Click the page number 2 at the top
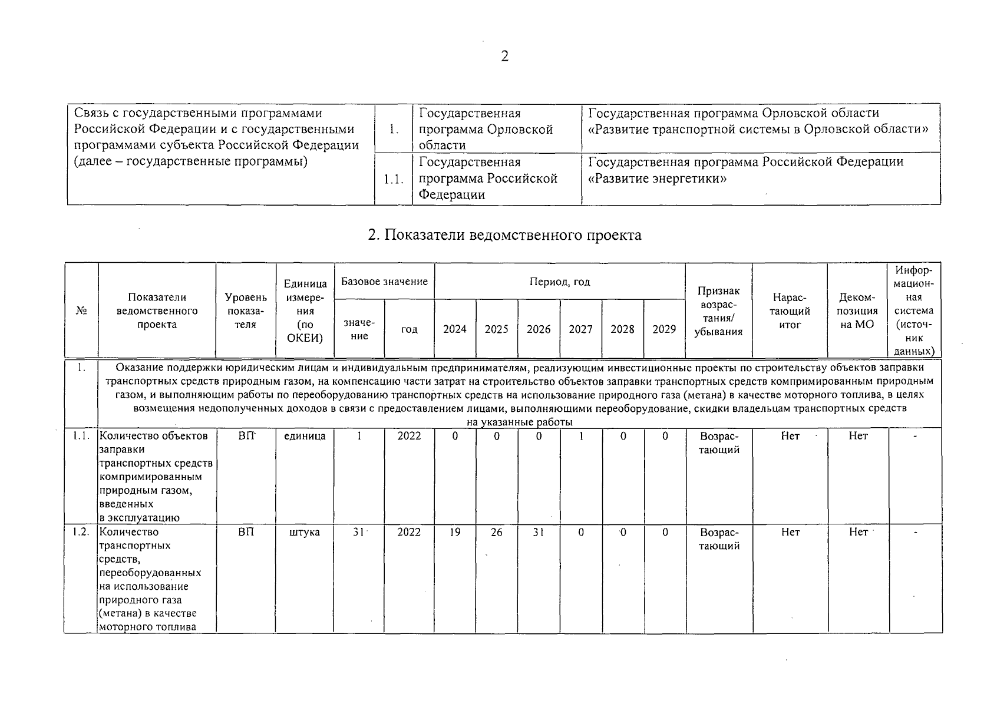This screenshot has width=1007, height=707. pos(504,57)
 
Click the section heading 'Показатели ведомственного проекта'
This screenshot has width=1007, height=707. pos(504,235)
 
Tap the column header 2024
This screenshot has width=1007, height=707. pos(455,329)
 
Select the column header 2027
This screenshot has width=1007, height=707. pos(580,329)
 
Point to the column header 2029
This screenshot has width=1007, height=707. pos(664,329)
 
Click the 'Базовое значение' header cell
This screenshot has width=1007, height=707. pos(384,282)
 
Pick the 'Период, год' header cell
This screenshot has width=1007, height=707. pos(560,282)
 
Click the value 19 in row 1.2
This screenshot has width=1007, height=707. pos(455,533)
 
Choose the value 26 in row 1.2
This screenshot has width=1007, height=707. pos(497,533)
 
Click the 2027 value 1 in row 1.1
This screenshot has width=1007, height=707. pos(581,437)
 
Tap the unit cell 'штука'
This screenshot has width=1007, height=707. pos(305,533)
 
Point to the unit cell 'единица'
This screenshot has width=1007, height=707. pos(305,437)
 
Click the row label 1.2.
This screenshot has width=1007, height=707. pos(81,532)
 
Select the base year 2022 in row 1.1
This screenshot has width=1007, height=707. pos(409,437)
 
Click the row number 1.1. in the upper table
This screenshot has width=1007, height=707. pos(394,179)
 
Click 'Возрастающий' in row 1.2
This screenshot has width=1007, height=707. pos(719,539)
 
